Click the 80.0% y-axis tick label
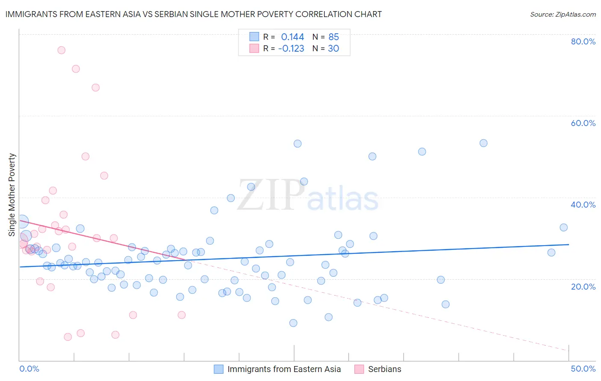583,41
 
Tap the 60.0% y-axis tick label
583,123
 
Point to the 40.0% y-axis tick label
583,205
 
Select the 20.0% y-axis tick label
583,287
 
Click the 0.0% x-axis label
29,369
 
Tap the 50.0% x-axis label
583,369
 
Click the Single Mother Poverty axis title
12,195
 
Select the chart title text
194,14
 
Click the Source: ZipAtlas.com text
563,14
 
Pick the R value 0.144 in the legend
292,37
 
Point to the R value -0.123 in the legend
291,49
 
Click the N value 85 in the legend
333,37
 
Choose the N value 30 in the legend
333,49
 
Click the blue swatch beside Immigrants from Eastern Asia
219,369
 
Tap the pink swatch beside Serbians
359,369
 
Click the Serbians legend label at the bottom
385,369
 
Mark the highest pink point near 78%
61,50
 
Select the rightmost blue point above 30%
563,228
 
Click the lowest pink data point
68,337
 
